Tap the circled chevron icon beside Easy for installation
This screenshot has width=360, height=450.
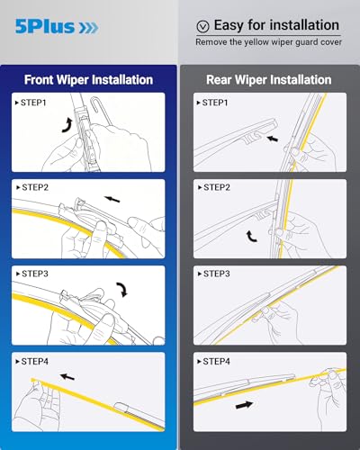pos(202,27)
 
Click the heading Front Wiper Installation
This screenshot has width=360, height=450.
pos(87,79)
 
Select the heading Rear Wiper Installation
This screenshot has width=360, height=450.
pos(268,79)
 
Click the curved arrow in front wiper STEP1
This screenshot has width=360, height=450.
pos(67,123)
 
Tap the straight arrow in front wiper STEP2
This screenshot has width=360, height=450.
pos(112,200)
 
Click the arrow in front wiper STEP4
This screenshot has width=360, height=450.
pos(67,375)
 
